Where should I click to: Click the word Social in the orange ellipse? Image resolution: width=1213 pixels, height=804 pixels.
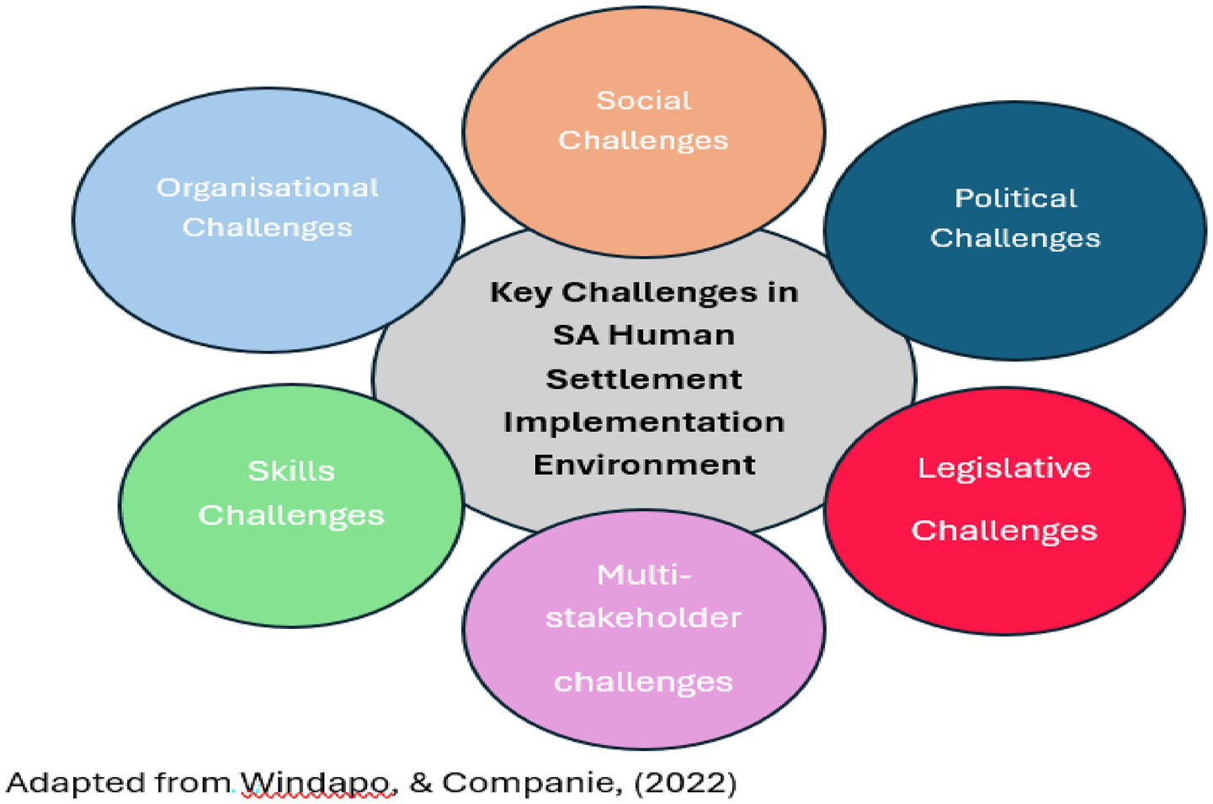click(x=643, y=101)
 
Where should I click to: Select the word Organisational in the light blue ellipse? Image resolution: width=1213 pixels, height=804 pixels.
click(x=268, y=188)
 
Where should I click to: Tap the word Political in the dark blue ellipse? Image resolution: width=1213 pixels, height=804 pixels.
click(x=1015, y=199)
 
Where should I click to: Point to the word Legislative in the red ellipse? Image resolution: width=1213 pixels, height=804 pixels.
click(x=1003, y=468)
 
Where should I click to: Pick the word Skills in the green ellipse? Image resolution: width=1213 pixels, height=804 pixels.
click(x=291, y=471)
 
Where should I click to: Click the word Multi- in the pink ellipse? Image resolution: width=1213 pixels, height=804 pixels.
click(x=643, y=575)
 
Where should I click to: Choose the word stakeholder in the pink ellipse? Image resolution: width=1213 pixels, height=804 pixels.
click(x=643, y=618)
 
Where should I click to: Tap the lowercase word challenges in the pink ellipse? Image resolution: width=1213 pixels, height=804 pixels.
click(x=643, y=682)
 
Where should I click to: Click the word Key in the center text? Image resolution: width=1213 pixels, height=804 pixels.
click(x=521, y=293)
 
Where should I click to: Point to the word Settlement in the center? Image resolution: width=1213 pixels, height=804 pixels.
click(x=644, y=379)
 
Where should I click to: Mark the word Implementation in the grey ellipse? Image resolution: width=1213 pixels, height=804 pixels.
click(x=644, y=422)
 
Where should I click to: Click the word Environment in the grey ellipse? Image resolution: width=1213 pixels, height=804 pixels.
click(x=644, y=465)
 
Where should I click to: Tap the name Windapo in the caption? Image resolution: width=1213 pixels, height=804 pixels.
click(x=317, y=784)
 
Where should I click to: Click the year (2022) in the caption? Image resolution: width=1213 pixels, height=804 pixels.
click(x=685, y=783)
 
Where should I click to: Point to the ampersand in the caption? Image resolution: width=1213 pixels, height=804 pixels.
click(x=420, y=783)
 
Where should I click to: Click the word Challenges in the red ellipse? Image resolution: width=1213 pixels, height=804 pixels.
click(x=1003, y=531)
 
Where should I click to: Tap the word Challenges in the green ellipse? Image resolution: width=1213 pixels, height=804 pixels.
click(x=291, y=515)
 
